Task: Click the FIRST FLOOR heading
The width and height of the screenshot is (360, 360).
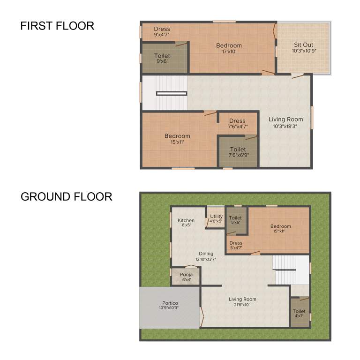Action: (57, 26)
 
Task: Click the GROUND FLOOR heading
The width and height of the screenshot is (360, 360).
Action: (66, 196)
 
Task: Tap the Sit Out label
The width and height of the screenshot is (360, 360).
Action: (303, 45)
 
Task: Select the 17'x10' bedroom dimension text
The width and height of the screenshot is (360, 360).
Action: (229, 51)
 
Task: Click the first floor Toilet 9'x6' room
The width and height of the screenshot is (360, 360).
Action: (163, 58)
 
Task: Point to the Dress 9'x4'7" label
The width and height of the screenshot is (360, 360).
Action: (162, 29)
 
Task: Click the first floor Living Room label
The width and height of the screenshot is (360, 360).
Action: (285, 120)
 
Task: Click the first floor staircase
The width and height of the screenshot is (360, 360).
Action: (165, 93)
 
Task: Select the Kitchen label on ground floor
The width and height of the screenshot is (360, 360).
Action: (186, 220)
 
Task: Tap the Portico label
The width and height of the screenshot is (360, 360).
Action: (170, 303)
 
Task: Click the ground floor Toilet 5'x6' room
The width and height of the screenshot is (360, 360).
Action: (236, 220)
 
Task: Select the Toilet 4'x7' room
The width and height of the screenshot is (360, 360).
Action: (299, 313)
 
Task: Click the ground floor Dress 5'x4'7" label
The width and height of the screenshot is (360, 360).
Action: (236, 243)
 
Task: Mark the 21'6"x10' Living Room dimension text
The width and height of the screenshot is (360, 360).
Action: (242, 305)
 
